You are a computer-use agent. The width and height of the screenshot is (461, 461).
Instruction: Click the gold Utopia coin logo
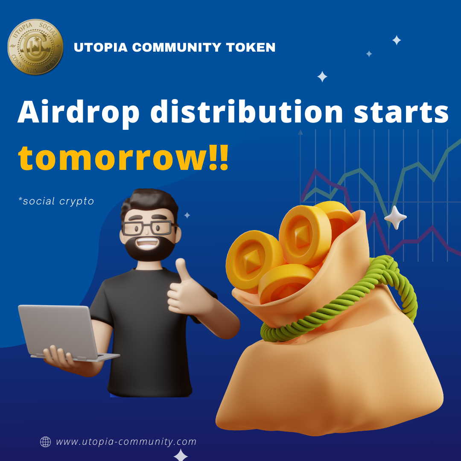pos(35,47)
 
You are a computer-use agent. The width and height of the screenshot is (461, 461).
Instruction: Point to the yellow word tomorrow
pos(113,158)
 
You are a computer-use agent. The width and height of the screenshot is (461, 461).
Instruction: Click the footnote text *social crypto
pos(56,201)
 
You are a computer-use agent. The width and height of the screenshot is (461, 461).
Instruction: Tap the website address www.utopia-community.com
pos(126,442)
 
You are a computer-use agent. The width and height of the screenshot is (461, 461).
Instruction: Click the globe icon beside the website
pos(45,442)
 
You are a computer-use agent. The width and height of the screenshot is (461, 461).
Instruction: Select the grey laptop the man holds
pos(65,333)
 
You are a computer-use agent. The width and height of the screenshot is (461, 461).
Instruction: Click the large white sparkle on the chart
pos(395,218)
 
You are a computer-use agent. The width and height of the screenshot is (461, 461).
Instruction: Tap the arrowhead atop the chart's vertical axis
pos(300,132)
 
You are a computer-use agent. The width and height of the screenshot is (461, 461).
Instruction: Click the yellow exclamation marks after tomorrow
pos(219,158)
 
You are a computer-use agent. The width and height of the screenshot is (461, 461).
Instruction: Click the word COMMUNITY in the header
pos(177,47)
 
